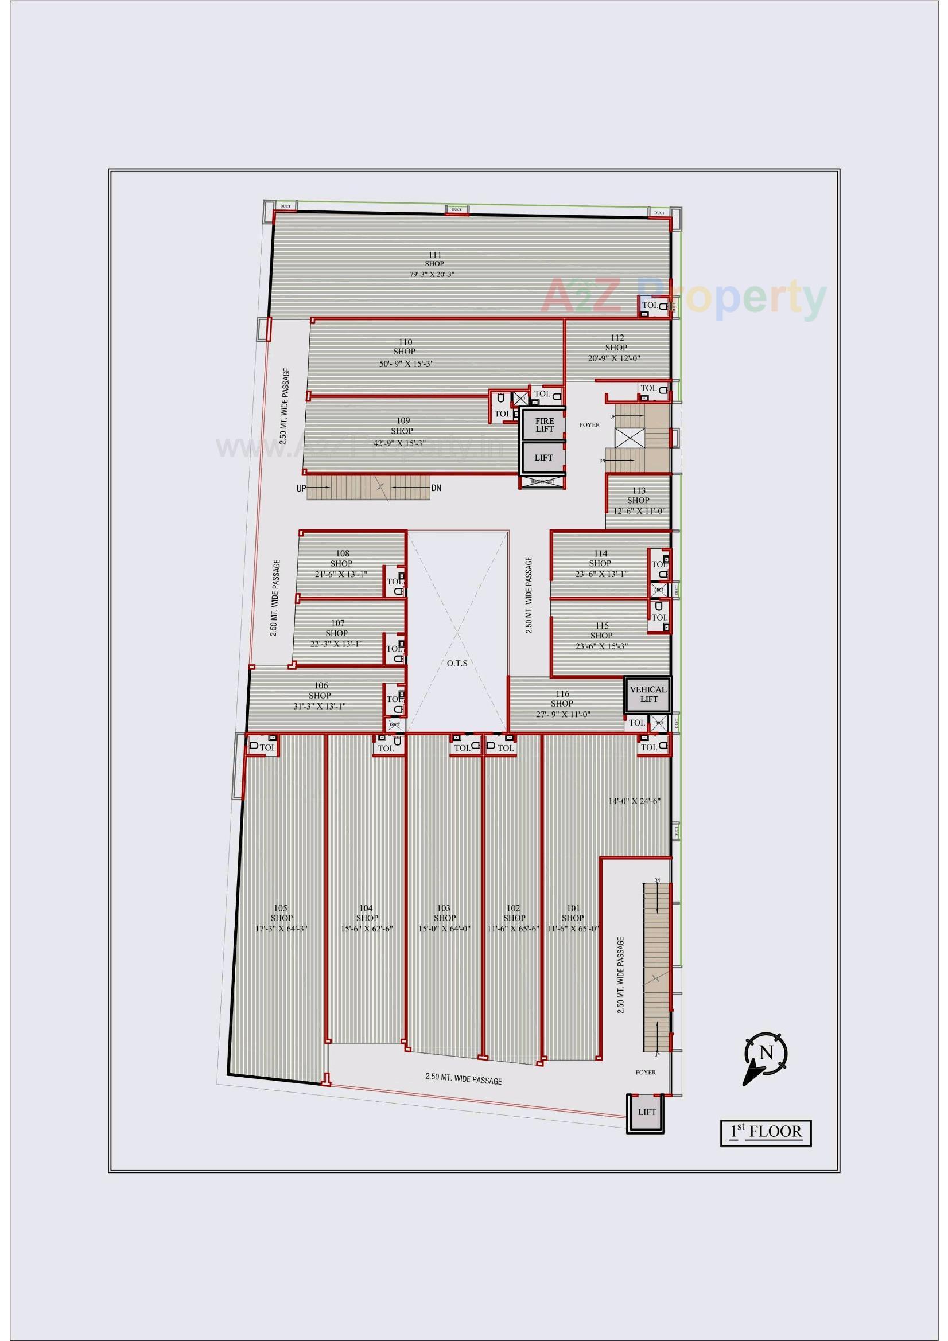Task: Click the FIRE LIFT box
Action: click(544, 424)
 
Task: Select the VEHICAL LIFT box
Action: click(647, 694)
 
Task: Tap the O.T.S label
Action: click(457, 663)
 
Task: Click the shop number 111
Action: click(434, 255)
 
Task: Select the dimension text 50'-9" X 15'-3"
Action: click(406, 363)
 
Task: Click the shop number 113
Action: click(638, 490)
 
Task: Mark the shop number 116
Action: click(562, 694)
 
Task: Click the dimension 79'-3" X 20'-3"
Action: click(433, 275)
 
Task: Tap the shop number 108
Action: click(343, 553)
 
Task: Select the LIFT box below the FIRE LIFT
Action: click(543, 457)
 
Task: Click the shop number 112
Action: click(617, 338)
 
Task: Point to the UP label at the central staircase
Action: click(301, 488)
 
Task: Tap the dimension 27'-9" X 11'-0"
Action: click(562, 714)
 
